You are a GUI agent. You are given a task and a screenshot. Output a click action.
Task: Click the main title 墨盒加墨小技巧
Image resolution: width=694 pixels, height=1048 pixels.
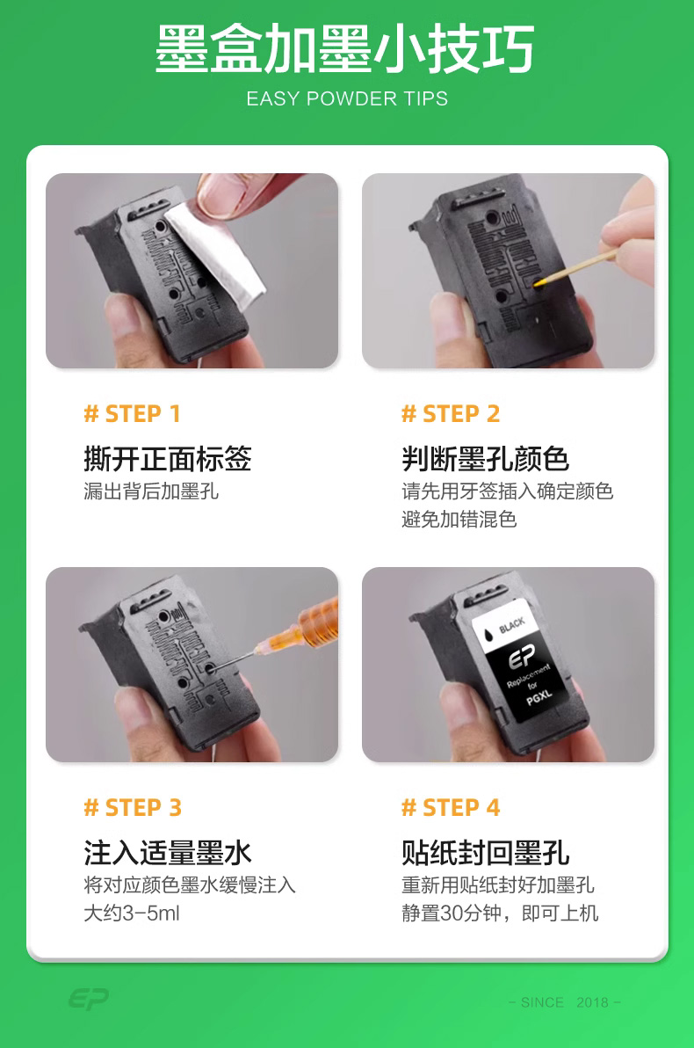[345, 48]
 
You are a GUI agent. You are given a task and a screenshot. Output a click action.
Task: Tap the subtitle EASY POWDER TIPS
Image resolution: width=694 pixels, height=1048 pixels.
[347, 99]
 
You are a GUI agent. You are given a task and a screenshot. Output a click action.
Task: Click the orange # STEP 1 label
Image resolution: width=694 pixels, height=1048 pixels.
[133, 414]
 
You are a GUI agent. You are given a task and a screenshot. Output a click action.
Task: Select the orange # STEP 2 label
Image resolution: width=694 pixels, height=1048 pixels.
[451, 414]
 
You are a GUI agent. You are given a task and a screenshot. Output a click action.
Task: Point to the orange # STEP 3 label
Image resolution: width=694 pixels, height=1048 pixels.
[133, 807]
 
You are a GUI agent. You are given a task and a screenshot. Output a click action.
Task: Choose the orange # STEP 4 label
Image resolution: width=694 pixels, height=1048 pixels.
[451, 807]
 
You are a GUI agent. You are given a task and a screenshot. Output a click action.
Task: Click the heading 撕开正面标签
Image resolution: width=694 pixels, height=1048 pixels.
[168, 459]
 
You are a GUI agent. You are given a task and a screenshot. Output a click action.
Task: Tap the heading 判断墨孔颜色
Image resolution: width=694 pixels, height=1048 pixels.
[486, 459]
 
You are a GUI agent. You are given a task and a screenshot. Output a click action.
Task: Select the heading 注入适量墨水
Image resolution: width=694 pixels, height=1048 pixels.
[168, 853]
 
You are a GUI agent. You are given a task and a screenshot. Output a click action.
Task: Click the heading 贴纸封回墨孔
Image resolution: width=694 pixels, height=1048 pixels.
[486, 853]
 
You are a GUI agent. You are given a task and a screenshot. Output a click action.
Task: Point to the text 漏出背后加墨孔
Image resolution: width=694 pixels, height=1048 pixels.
[151, 491]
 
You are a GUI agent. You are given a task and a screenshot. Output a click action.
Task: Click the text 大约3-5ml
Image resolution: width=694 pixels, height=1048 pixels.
[132, 913]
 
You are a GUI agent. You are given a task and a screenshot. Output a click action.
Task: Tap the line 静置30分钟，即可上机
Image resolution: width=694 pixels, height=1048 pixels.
[500, 913]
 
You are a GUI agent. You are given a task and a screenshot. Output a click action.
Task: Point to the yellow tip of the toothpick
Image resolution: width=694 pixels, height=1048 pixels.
[539, 283]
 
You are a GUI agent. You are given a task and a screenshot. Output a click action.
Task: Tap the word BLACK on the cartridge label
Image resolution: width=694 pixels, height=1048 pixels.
[511, 626]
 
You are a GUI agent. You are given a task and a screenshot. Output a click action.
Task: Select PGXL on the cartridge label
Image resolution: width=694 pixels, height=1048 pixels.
[539, 696]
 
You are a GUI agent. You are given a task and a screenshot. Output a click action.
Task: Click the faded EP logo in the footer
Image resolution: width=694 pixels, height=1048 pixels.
[89, 1000]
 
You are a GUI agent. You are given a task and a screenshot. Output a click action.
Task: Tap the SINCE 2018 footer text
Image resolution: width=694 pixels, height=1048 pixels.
[564, 1002]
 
